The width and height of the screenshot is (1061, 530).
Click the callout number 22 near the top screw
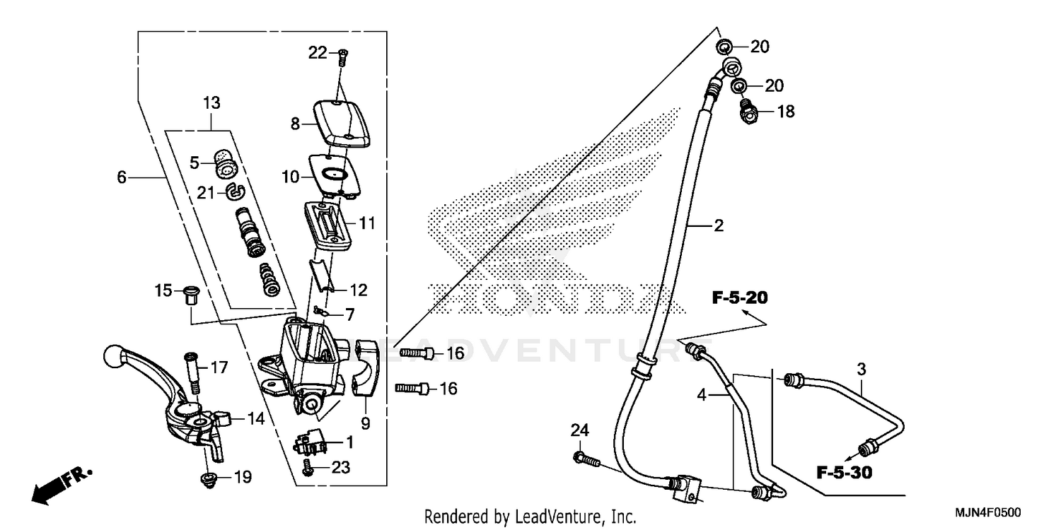coord(318,52)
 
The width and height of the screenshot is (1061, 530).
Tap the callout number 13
coord(211,103)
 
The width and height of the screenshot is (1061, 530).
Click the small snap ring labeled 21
coord(235,190)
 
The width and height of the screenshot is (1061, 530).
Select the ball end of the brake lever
coord(114,353)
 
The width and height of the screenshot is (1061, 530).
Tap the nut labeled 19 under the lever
coord(207,481)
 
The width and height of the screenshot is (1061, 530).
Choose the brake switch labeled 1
coord(311,443)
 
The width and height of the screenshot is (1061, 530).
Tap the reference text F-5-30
coord(845,472)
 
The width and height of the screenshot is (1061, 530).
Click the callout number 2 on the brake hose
coord(719,226)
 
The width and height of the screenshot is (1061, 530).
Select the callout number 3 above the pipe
coord(862,369)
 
